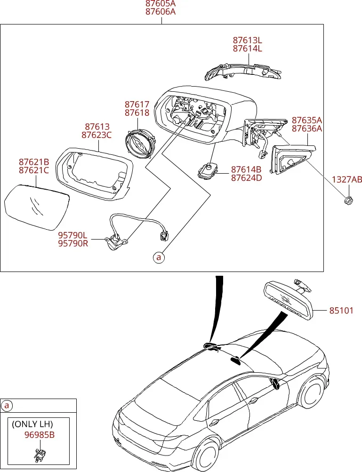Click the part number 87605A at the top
pos(160,4)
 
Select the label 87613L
pos(247,40)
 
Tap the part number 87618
pos(137,112)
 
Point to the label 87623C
pos(97,135)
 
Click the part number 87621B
pos(34,162)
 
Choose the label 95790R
pos(73,243)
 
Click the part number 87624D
pos(247,178)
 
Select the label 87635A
pos(307,120)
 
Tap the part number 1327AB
pos(346,180)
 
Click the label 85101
pos(341,310)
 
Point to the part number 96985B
pos(40,435)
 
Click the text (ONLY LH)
pos(32,424)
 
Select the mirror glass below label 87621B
pos(37,208)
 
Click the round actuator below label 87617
pos(141,144)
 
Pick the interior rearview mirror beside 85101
pos(288,299)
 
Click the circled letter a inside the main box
pos(159,257)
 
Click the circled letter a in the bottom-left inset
pos(7,406)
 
